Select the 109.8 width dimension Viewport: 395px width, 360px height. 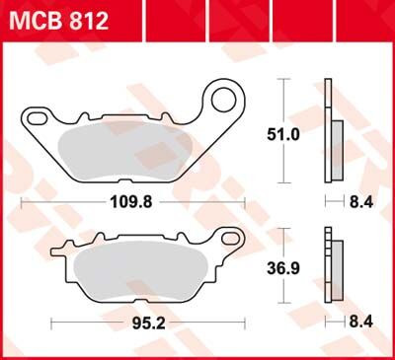tap(131, 208)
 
